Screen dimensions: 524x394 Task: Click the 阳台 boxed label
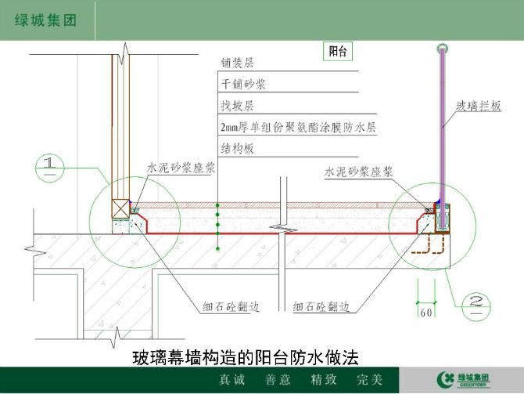338,51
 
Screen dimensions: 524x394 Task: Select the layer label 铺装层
237,63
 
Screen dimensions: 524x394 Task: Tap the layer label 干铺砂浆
243,84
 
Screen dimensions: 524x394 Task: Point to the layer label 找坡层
237,106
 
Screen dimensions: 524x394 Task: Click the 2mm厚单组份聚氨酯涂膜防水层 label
298,127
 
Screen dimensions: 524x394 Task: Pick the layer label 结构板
237,148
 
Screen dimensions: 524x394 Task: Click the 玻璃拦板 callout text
479,106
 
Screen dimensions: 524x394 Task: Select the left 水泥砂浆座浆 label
181,168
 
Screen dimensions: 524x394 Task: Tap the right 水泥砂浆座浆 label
358,172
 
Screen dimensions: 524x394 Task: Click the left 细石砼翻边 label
231,306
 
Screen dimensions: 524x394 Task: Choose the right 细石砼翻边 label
321,306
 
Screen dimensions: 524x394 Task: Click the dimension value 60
426,313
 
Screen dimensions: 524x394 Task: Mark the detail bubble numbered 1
50,168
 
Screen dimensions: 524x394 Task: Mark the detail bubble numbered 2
476,306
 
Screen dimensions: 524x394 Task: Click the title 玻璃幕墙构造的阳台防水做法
246,357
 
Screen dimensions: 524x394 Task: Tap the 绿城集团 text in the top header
45,20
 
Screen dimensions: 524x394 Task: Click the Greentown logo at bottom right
464,380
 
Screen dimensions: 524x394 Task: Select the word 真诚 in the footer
232,380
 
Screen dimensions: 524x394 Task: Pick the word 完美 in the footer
369,380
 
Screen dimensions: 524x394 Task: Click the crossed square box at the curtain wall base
120,209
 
